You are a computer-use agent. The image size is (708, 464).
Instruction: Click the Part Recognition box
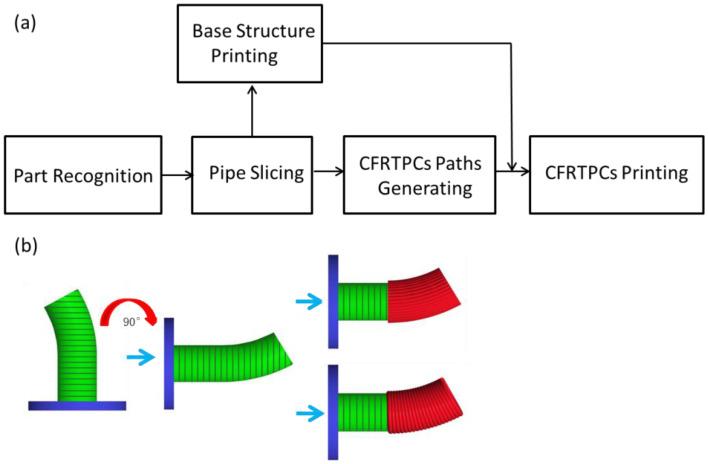pyautogui.click(x=84, y=174)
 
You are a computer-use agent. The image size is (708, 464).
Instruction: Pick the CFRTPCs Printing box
pyautogui.click(x=616, y=174)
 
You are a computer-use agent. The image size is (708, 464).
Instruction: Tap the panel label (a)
pyautogui.click(x=23, y=20)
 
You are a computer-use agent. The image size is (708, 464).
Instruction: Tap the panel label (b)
pyautogui.click(x=23, y=245)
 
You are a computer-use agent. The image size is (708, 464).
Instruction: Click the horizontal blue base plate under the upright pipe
pyautogui.click(x=77, y=405)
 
